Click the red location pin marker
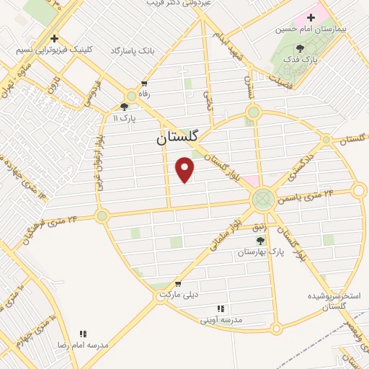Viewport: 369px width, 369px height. (185, 169)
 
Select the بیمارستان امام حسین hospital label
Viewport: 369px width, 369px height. (311, 30)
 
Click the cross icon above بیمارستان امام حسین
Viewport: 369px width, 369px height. (311, 17)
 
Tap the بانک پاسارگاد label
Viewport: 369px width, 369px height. (133, 50)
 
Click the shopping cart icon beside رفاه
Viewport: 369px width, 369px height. (145, 83)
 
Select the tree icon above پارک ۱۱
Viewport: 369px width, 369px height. (124, 107)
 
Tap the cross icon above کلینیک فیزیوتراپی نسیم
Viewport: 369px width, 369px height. (54, 39)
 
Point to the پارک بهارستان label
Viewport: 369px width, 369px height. (261, 253)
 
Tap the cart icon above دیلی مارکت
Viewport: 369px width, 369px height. (177, 283)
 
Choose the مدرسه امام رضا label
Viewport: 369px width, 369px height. (83, 345)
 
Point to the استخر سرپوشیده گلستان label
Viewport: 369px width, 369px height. (333, 301)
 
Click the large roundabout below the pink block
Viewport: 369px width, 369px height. (262, 197)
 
